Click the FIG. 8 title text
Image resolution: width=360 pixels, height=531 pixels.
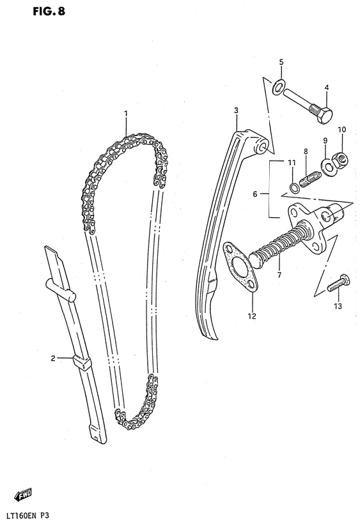click(x=49, y=12)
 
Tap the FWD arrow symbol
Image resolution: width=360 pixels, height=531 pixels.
click(x=23, y=495)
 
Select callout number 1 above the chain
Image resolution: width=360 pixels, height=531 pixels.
click(x=126, y=113)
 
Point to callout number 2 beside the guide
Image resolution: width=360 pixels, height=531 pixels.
click(x=53, y=358)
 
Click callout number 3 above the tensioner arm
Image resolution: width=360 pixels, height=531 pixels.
click(x=236, y=110)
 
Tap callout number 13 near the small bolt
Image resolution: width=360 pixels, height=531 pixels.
click(x=338, y=306)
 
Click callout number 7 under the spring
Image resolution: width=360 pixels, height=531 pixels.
click(x=279, y=275)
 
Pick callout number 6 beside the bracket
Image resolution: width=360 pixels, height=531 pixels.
click(x=255, y=194)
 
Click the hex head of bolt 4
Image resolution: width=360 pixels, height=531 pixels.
click(x=324, y=115)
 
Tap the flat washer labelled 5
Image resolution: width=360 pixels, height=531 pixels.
click(x=279, y=86)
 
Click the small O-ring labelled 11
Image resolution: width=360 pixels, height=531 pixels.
click(x=294, y=187)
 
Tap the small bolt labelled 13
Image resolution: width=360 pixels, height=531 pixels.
click(x=338, y=284)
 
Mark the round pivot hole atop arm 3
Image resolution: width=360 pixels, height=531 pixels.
click(x=263, y=148)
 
